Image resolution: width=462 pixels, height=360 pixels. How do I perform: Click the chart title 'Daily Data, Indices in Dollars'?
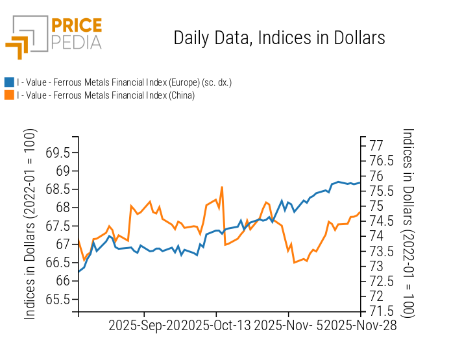point(279,38)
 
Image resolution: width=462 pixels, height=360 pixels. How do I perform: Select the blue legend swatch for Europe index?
point(9,82)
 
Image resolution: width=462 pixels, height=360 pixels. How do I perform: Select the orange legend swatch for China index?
point(9,95)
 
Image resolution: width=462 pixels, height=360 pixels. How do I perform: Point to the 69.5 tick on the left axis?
point(58,152)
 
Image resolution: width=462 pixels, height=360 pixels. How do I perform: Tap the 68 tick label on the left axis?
point(62,208)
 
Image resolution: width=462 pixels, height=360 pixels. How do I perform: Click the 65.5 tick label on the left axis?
point(58,299)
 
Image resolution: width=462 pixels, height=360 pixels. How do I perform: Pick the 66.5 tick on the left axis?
point(58,263)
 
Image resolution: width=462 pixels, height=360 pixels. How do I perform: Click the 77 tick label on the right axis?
point(377,145)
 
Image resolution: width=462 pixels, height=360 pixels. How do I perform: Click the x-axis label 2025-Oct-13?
point(217,325)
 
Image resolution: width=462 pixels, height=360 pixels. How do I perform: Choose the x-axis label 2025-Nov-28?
point(361,325)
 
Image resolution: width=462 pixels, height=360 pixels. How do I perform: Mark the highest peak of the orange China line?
point(222,187)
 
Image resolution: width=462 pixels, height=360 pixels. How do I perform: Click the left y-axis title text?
point(30,224)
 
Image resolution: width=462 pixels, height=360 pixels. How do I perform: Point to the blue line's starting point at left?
point(79,272)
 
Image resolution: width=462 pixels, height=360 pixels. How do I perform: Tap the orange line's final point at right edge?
point(360,211)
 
